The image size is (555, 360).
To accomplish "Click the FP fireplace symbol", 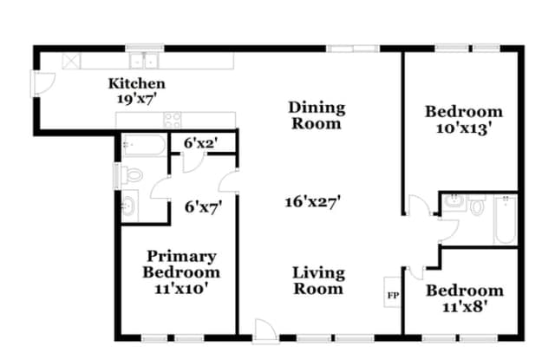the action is (x=393, y=292).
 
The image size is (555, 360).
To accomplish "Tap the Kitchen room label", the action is (x=137, y=83).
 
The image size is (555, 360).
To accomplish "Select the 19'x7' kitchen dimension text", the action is (x=137, y=99).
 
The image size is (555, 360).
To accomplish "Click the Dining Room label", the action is (x=317, y=115).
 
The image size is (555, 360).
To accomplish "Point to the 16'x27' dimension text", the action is (x=313, y=202).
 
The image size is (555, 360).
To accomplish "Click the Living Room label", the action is (x=318, y=281).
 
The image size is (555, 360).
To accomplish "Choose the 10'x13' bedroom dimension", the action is (x=465, y=128).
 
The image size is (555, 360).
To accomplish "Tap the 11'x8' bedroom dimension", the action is (x=463, y=306).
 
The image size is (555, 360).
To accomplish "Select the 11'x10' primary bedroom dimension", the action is (x=181, y=289).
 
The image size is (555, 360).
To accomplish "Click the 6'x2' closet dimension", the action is (x=200, y=143).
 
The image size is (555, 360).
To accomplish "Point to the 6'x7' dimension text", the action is (x=203, y=206).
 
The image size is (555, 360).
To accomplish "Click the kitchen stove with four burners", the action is (x=173, y=120).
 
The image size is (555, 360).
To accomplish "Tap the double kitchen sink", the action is (x=144, y=61).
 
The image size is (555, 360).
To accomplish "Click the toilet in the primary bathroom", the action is (x=132, y=175).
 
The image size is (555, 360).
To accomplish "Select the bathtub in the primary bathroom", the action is (x=144, y=145).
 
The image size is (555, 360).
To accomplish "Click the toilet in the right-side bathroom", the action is (x=477, y=206).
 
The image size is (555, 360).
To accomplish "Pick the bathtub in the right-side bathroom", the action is (x=505, y=219).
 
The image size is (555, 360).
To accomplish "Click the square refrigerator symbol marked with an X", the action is (x=71, y=61).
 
